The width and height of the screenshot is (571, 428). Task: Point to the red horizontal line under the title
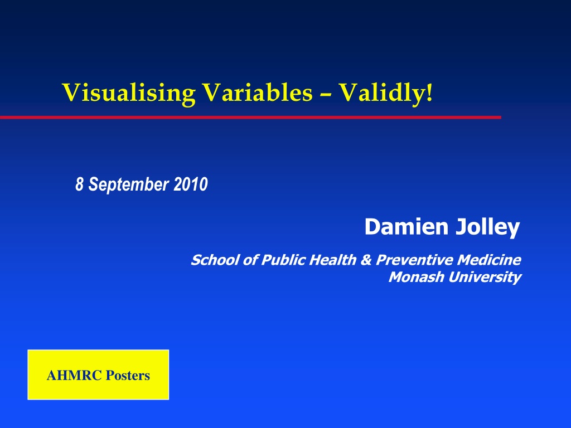pos(251,118)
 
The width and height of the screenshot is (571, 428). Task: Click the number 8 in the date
pos(79,184)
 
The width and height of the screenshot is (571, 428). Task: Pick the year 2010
pos(191,184)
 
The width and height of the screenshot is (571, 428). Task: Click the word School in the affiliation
pos(210,260)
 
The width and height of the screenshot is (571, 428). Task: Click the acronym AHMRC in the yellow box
pos(69,376)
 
